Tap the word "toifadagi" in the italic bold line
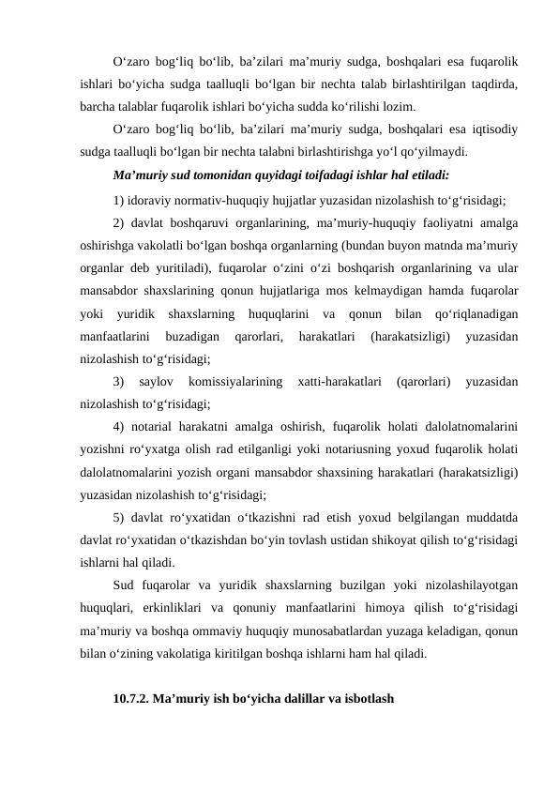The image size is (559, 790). click(293, 175)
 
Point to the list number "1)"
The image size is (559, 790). click(118, 199)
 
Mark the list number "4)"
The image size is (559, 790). click(118, 426)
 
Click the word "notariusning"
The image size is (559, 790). click(400, 450)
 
